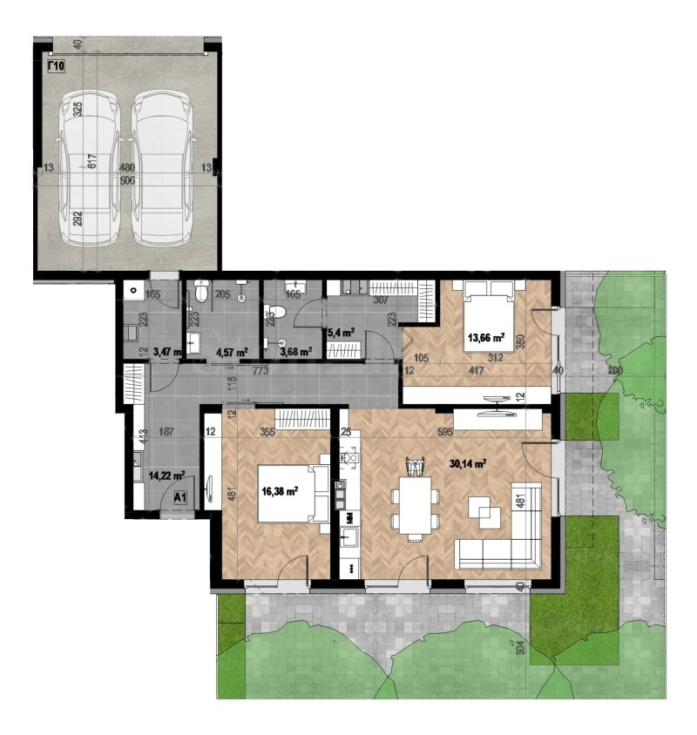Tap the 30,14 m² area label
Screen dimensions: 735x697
point(466,464)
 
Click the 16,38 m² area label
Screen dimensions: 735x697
point(280,490)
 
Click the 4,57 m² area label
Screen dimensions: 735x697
point(231,352)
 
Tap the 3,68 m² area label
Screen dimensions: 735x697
point(294,352)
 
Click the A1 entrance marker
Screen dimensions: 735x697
point(180,498)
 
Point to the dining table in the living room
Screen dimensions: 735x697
point(415,504)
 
